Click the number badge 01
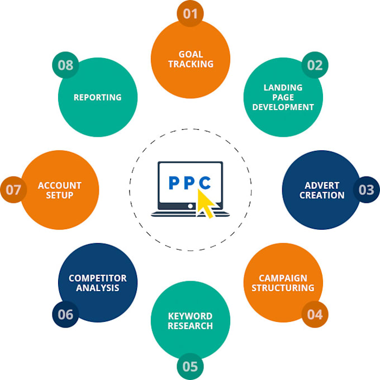pos(190,13)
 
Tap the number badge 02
pos(315,65)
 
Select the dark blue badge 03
pos(366,189)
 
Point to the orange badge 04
pos(315,314)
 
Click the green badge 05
pos(190,366)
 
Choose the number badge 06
pos(65,314)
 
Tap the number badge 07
pos(13,189)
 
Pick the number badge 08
pos(65,65)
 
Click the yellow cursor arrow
pos(205,203)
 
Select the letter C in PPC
pos(205,183)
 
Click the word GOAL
pos(191,54)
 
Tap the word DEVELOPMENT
pos(283,107)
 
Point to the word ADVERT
pos(322,186)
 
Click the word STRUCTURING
pos(283,288)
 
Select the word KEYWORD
pos(190,316)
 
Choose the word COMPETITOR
pos(98,278)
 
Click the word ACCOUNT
pos(60,186)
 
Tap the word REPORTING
pos(98,97)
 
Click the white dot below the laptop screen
pos(191,206)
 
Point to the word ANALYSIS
pos(98,288)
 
